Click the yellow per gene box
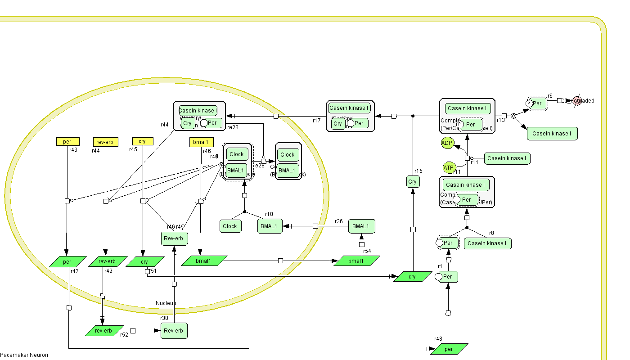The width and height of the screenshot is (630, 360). pyautogui.click(x=67, y=142)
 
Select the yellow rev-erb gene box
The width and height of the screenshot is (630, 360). pyautogui.click(x=105, y=142)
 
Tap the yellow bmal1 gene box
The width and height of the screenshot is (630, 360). pyautogui.click(x=200, y=142)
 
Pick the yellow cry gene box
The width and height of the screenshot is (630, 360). pyautogui.click(x=143, y=141)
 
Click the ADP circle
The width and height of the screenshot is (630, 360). pyautogui.click(x=447, y=144)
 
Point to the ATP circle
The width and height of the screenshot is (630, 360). pyautogui.click(x=449, y=168)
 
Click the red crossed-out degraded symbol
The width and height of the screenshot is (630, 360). pyautogui.click(x=577, y=101)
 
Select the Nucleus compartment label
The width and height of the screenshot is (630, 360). pyautogui.click(x=166, y=303)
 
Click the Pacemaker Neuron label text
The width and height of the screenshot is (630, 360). pyautogui.click(x=24, y=355)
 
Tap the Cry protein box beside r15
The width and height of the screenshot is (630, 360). pyautogui.click(x=412, y=182)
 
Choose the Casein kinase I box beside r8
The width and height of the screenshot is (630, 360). pyautogui.click(x=487, y=243)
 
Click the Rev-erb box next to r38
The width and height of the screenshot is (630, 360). pyautogui.click(x=174, y=331)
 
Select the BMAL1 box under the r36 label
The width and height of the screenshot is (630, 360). pyautogui.click(x=361, y=226)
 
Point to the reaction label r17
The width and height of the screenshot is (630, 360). pyautogui.click(x=317, y=120)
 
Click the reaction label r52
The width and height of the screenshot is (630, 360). pyautogui.click(x=124, y=335)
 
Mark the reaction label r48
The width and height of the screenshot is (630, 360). pyautogui.click(x=438, y=339)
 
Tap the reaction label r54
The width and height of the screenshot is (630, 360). pyautogui.click(x=367, y=251)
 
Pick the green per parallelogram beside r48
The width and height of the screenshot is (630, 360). pyautogui.click(x=449, y=349)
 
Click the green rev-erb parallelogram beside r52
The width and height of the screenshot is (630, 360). pyautogui.click(x=104, y=331)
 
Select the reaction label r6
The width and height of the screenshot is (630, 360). pyautogui.click(x=550, y=96)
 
